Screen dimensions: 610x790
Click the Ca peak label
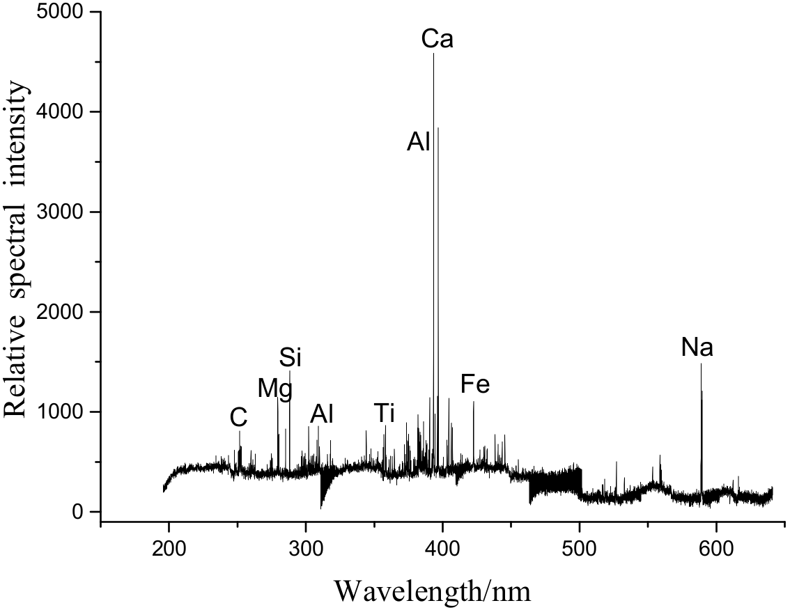[437, 39]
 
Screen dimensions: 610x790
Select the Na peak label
[697, 348]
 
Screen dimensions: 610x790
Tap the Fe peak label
[475, 384]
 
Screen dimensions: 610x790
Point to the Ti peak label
[384, 413]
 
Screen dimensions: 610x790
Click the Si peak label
[290, 358]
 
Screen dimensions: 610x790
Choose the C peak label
[238, 418]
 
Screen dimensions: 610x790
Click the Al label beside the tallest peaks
[419, 142]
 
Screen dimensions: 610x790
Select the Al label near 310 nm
[322, 414]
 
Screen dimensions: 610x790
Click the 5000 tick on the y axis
[61, 12]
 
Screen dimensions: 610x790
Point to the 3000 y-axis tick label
[61, 212]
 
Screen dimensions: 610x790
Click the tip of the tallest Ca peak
[434, 54]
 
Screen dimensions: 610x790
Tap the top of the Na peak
[701, 364]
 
